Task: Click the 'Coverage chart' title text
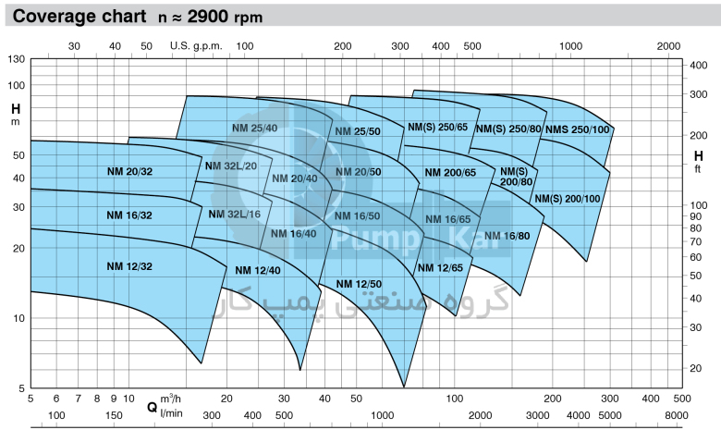tap(74, 16)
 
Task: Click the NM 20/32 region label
tap(128, 171)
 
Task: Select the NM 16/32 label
tap(128, 215)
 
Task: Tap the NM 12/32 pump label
tap(128, 266)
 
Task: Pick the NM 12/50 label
tap(358, 283)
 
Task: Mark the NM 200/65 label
tap(450, 173)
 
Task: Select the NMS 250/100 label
tap(578, 129)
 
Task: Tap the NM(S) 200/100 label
tap(568, 199)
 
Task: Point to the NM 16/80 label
tap(507, 235)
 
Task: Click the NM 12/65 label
tap(439, 267)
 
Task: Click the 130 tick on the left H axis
tap(16, 60)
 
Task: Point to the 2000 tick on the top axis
tap(667, 45)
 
